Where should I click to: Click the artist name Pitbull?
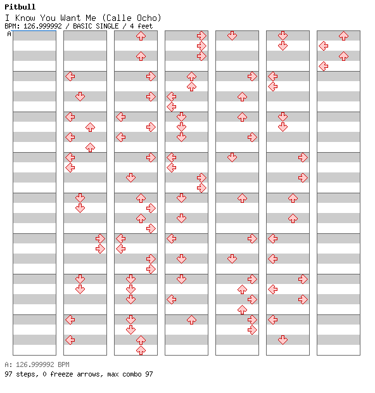tap(20, 7)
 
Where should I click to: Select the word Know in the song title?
tap(25, 18)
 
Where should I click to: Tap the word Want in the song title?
tap(70, 18)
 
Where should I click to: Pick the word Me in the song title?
tap(91, 18)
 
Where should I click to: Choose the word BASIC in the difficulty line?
tap(83, 26)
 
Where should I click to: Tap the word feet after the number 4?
tap(145, 26)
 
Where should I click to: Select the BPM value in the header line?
tap(42, 26)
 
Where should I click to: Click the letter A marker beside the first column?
tap(10, 34)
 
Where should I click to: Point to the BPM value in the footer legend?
tap(42, 364)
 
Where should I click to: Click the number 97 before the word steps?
tap(8, 374)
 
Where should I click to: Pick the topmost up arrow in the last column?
tap(344, 36)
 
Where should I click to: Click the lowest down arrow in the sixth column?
tap(283, 340)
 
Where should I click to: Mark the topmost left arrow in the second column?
tap(70, 76)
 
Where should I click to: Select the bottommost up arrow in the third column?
tap(141, 350)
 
